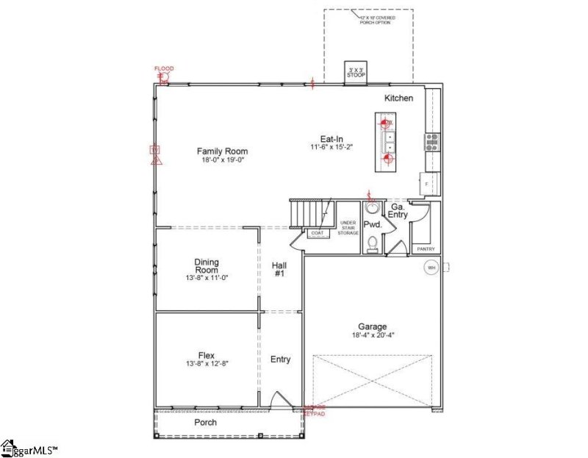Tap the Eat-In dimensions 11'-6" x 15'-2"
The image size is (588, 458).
331,147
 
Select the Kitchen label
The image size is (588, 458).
398,99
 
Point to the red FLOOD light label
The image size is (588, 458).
164,68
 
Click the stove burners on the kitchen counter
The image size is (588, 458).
431,141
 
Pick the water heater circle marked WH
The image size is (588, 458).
431,268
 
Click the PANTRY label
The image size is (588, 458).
426,249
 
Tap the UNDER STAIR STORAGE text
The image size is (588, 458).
348,227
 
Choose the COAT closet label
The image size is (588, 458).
318,233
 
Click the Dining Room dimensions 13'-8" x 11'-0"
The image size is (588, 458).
207,278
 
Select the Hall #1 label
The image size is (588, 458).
279,269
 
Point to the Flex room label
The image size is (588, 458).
207,356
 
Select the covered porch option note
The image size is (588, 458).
375,20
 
